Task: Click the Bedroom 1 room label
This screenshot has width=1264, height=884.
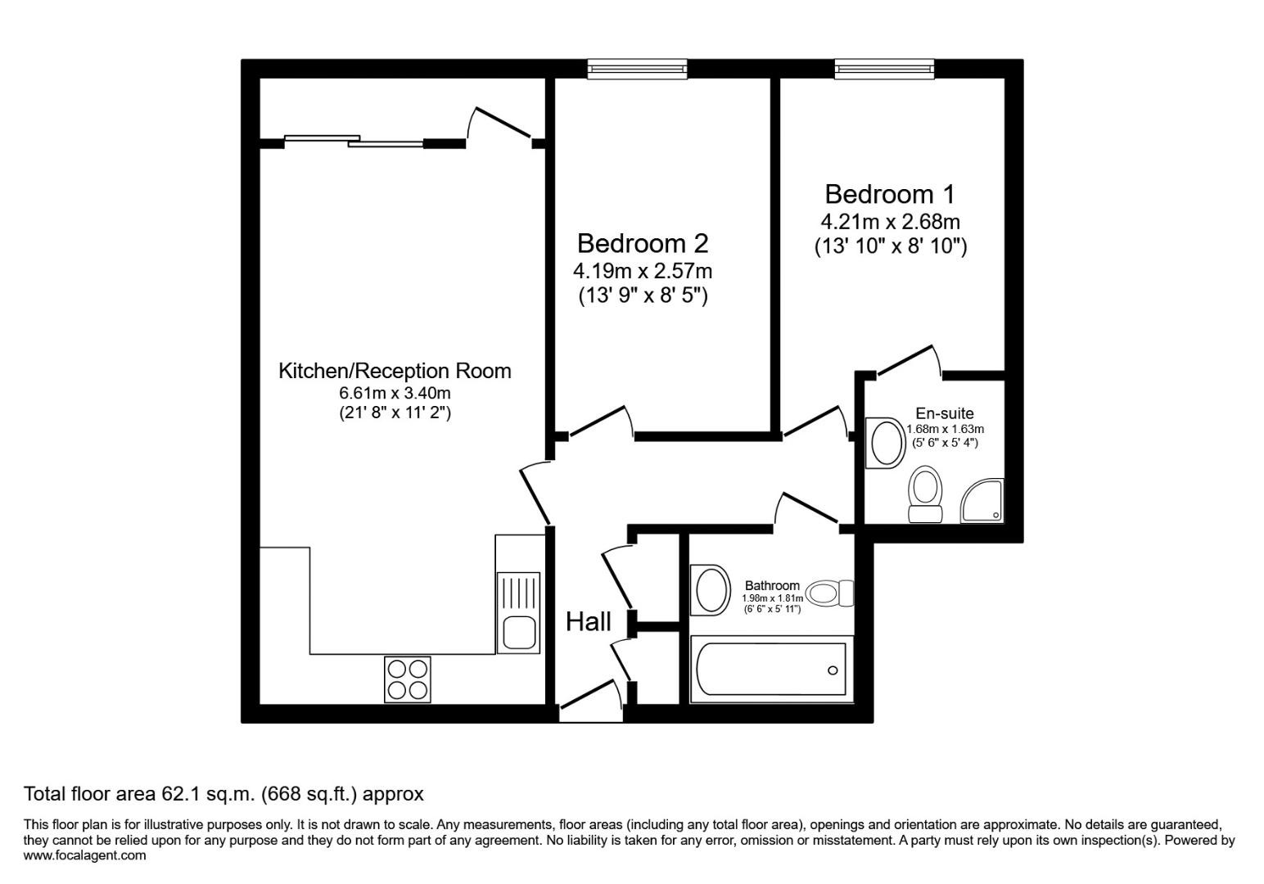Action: point(890,195)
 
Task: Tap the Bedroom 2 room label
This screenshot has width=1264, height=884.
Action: point(643,244)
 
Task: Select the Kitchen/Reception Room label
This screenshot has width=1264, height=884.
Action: point(395,371)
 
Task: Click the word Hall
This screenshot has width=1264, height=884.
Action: point(589,622)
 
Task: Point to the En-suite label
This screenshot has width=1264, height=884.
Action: point(945,414)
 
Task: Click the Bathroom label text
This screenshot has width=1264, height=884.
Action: point(771,586)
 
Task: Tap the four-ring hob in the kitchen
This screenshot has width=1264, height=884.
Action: point(407,679)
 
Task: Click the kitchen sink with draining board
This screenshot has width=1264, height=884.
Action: point(518,612)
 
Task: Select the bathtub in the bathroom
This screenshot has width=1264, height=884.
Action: point(770,670)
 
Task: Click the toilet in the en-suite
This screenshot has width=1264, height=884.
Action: point(926,493)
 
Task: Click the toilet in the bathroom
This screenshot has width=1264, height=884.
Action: point(829,593)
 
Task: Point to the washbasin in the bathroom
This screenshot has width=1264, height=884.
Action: point(711,589)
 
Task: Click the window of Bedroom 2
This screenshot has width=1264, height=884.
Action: point(637,70)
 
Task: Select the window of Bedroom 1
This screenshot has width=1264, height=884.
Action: point(884,70)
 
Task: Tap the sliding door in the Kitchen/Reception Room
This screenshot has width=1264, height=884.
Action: point(354,142)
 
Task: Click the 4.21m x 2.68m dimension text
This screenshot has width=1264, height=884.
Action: point(890,222)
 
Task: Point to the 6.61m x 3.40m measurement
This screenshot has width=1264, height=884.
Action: point(395,394)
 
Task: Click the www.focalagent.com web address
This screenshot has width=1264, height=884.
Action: point(85,855)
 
